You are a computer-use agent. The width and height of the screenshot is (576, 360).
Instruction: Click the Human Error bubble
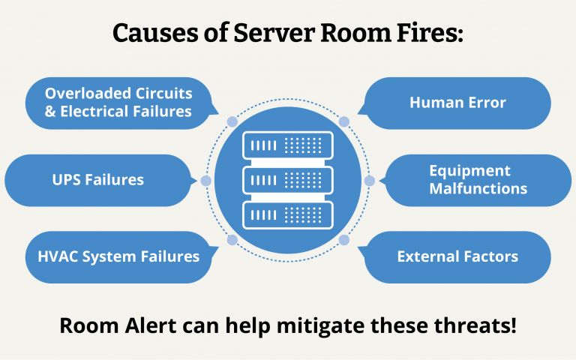pos(457,103)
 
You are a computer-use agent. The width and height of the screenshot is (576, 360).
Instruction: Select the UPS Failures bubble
pos(97,180)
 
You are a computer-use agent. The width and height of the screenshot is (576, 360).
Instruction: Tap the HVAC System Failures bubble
pos(118,256)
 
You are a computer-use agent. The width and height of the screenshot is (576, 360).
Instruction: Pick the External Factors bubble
pos(457,256)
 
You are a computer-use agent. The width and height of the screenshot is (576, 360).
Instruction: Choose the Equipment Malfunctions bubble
pos(478,180)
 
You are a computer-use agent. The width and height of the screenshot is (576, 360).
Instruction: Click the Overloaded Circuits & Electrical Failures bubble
pos(118,103)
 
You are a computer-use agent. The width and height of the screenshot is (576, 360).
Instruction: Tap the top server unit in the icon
pos(288,143)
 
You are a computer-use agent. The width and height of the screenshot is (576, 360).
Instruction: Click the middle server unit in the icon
pos(288,180)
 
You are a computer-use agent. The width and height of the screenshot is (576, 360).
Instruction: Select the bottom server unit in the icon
pos(288,216)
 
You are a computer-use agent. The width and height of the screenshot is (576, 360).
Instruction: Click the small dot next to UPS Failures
pos(206,181)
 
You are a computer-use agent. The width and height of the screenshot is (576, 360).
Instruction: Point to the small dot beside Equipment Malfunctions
pos(369,181)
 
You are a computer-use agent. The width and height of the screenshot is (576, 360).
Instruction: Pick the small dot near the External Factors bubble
pos(344,240)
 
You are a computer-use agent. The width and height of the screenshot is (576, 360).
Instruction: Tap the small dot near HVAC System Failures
pos(232,240)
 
